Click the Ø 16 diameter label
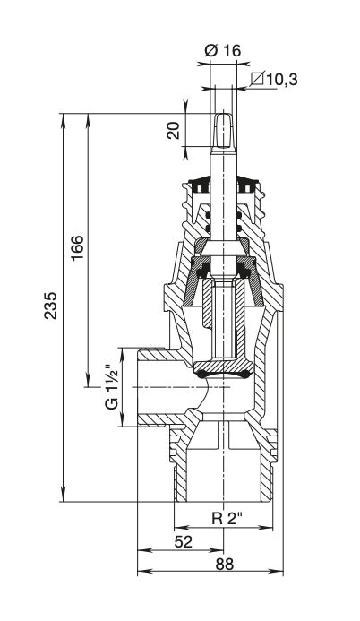coord(223,51)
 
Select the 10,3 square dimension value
coord(281,80)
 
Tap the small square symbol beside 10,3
coord(258,78)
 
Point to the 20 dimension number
coord(173,130)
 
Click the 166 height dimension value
coord(77,247)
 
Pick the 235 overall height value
coord(51,306)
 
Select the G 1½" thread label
coord(112,387)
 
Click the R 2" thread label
coord(227,518)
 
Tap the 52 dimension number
coord(183,541)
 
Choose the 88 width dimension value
coord(225,564)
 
